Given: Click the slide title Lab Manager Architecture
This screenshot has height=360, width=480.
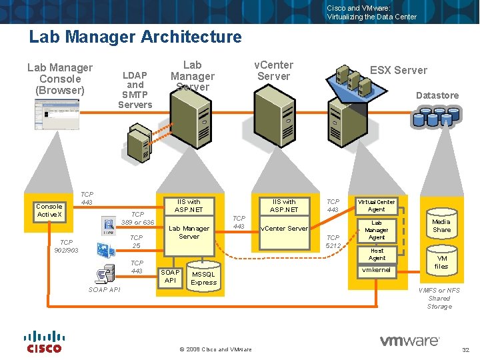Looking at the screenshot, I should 135,37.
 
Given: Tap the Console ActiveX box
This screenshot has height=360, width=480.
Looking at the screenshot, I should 49,210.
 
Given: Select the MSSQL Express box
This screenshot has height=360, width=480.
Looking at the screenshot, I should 203,278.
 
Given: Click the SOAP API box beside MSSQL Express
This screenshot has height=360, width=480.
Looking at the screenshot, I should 170,276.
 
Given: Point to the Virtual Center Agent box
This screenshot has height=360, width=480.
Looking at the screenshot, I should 377,205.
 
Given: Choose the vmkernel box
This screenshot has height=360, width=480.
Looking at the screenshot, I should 377,271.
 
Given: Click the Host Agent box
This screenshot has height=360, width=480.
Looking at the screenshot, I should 377,254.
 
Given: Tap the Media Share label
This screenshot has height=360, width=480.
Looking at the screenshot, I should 441,225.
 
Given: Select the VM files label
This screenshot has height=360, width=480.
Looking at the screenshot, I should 441,262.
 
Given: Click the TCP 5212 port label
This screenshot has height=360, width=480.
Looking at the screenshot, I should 333,241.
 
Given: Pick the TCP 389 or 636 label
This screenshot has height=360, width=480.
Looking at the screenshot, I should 137,218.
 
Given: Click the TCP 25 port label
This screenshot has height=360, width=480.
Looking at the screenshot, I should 136,241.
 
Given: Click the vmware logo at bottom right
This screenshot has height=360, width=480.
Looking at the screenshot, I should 409,341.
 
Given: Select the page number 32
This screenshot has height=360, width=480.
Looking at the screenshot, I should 465,350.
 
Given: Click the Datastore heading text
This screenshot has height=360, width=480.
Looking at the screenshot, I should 437,95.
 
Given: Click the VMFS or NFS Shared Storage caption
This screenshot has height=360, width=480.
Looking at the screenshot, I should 439,298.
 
